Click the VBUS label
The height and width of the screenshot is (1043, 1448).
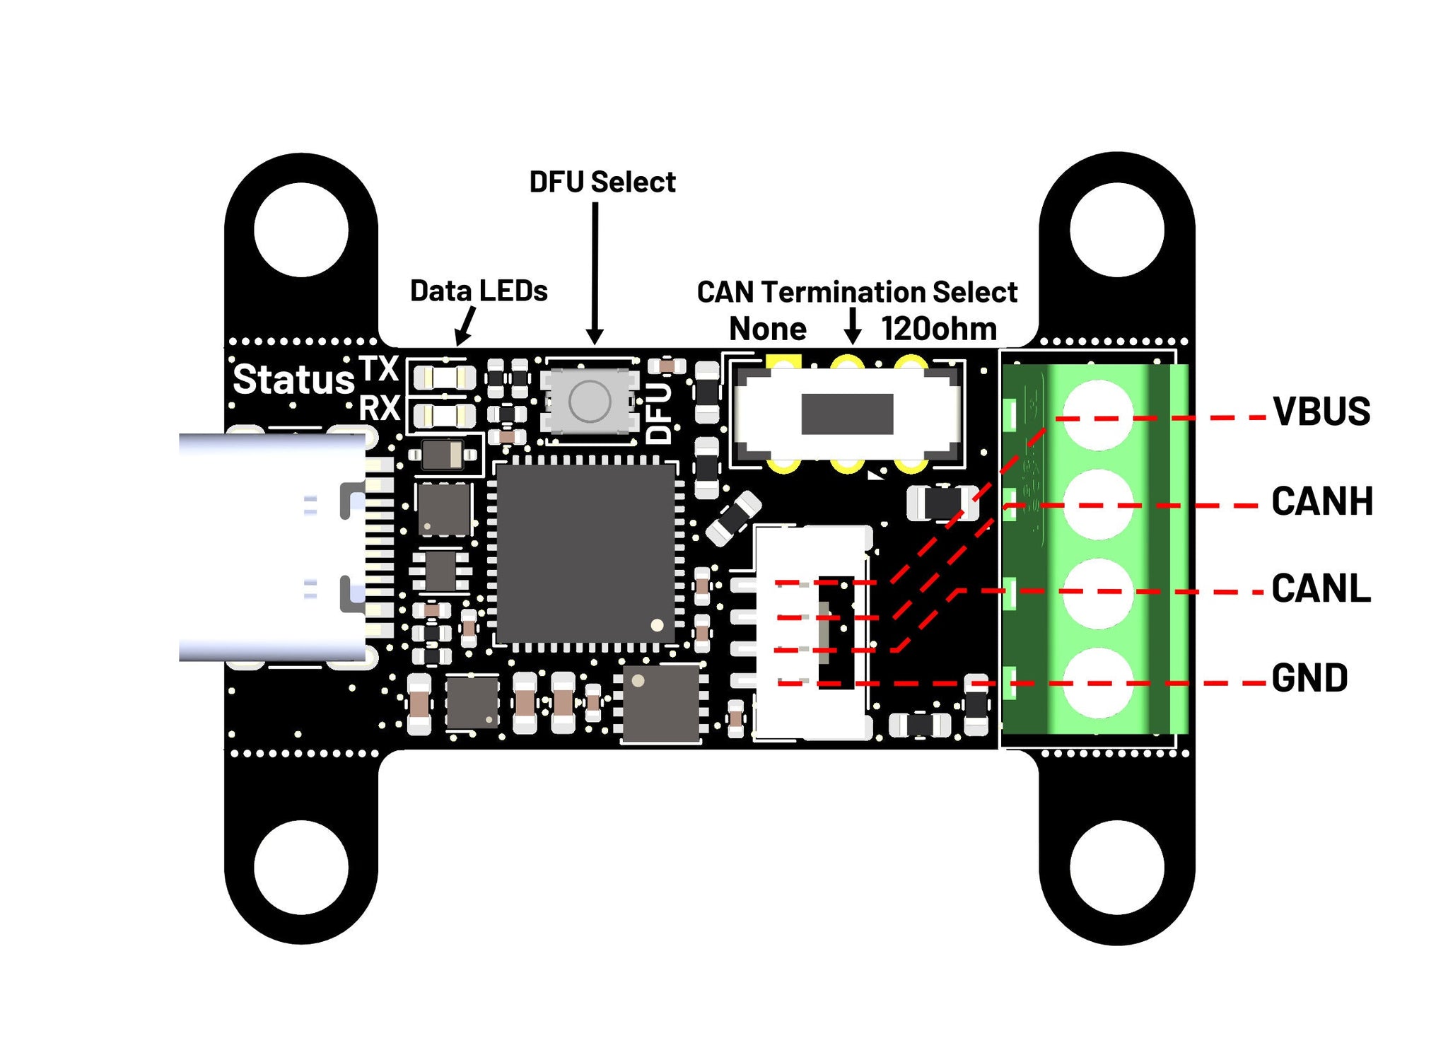pyautogui.click(x=1321, y=412)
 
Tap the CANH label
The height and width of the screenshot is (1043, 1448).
pyautogui.click(x=1321, y=501)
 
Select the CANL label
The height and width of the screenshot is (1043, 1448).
pyautogui.click(x=1321, y=589)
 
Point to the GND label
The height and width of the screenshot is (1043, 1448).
pyautogui.click(x=1309, y=678)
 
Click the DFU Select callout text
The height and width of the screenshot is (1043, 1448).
pyautogui.click(x=602, y=182)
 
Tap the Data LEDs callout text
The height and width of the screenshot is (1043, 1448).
pyautogui.click(x=479, y=291)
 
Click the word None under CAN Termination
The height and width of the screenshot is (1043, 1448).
pyautogui.click(x=767, y=329)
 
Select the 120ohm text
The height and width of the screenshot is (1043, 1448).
pyautogui.click(x=939, y=329)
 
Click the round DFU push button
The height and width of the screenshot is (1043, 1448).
pyautogui.click(x=590, y=401)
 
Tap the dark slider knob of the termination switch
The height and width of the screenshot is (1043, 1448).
pyautogui.click(x=847, y=414)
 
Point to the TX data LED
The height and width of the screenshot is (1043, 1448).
pyautogui.click(x=445, y=378)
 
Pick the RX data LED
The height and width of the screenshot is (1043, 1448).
pyautogui.click(x=445, y=416)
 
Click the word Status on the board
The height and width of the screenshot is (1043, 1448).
pyautogui.click(x=293, y=380)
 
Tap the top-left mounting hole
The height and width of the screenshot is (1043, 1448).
pyautogui.click(x=301, y=229)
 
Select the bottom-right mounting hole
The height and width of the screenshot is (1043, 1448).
pyautogui.click(x=1116, y=867)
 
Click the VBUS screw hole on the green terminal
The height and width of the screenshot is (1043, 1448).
pyautogui.click(x=1098, y=414)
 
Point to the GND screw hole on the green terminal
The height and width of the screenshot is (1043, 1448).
pyautogui.click(x=1098, y=682)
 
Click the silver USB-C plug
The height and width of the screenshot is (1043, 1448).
pyautogui.click(x=272, y=547)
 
